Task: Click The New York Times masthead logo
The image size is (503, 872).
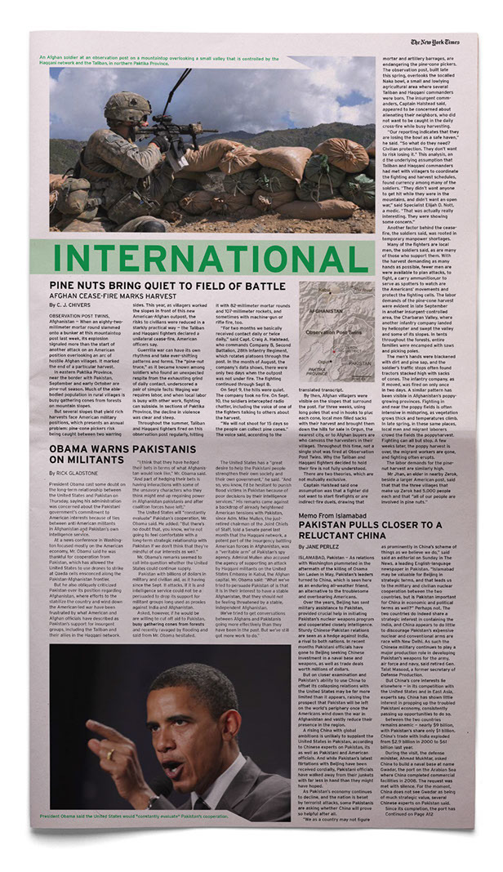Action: coord(435,42)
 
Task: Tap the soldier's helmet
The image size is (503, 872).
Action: coord(127,106)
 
